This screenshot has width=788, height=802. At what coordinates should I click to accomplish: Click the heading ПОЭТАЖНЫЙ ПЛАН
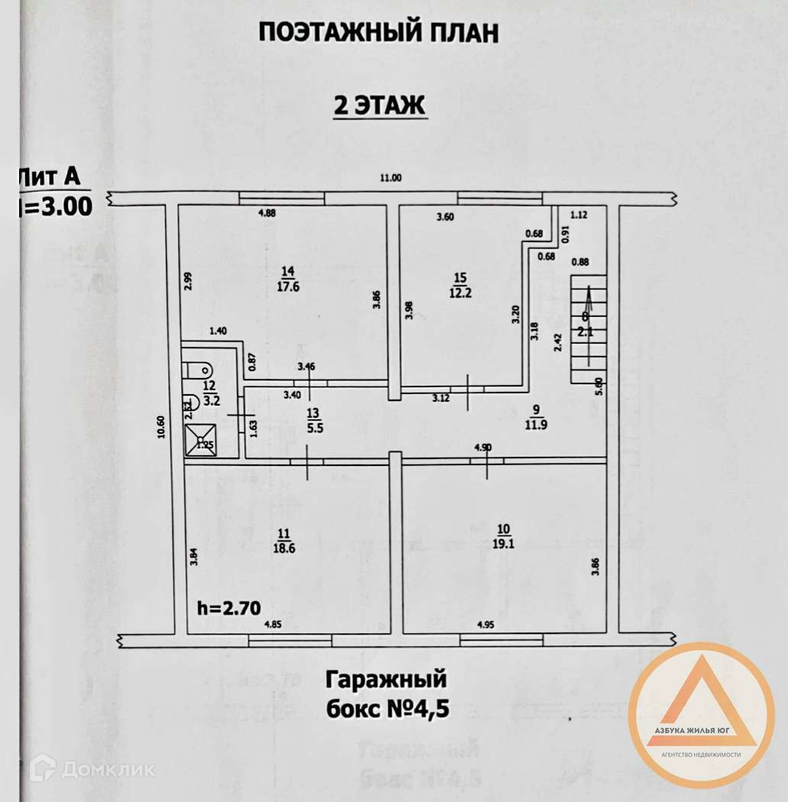tap(379, 33)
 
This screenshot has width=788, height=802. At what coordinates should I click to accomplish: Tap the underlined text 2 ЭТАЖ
tap(379, 105)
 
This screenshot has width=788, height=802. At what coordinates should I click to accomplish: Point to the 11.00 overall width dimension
tap(390, 179)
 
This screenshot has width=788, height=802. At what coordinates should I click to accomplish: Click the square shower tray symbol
tap(201, 442)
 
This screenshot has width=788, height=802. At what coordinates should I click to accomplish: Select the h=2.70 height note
tap(229, 609)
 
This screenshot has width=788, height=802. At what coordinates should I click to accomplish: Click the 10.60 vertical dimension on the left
tap(160, 427)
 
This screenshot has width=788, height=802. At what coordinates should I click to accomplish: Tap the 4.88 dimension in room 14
tap(266, 213)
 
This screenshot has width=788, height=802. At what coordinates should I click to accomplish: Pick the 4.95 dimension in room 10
tap(486, 625)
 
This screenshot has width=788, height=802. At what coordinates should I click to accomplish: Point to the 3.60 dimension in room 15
tap(444, 217)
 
